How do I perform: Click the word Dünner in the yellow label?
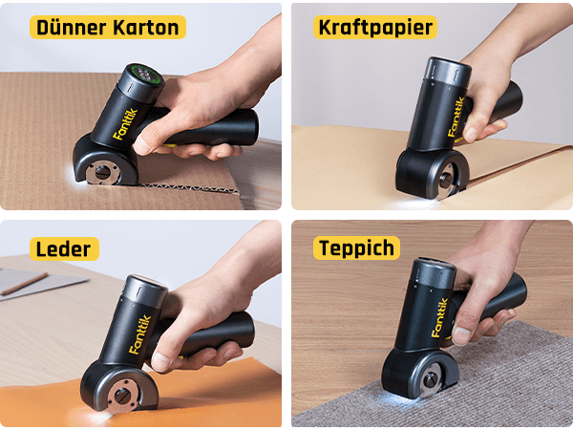[x=72, y=28]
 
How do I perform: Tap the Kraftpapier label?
[x=375, y=27]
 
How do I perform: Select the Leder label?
[x=64, y=249]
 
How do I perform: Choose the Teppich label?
[x=356, y=247]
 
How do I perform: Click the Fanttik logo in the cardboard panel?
[x=125, y=124]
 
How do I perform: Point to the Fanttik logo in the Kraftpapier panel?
[x=456, y=117]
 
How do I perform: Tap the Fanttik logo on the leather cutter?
[x=139, y=334]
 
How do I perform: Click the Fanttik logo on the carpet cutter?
[x=439, y=317]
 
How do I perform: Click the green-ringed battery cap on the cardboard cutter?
[x=145, y=75]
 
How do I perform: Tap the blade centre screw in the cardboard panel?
[x=101, y=171]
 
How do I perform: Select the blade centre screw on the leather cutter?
[x=122, y=396]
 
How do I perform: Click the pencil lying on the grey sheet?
[x=25, y=284]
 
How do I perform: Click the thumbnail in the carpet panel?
[x=461, y=335]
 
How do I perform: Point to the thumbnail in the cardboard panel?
[x=141, y=145]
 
